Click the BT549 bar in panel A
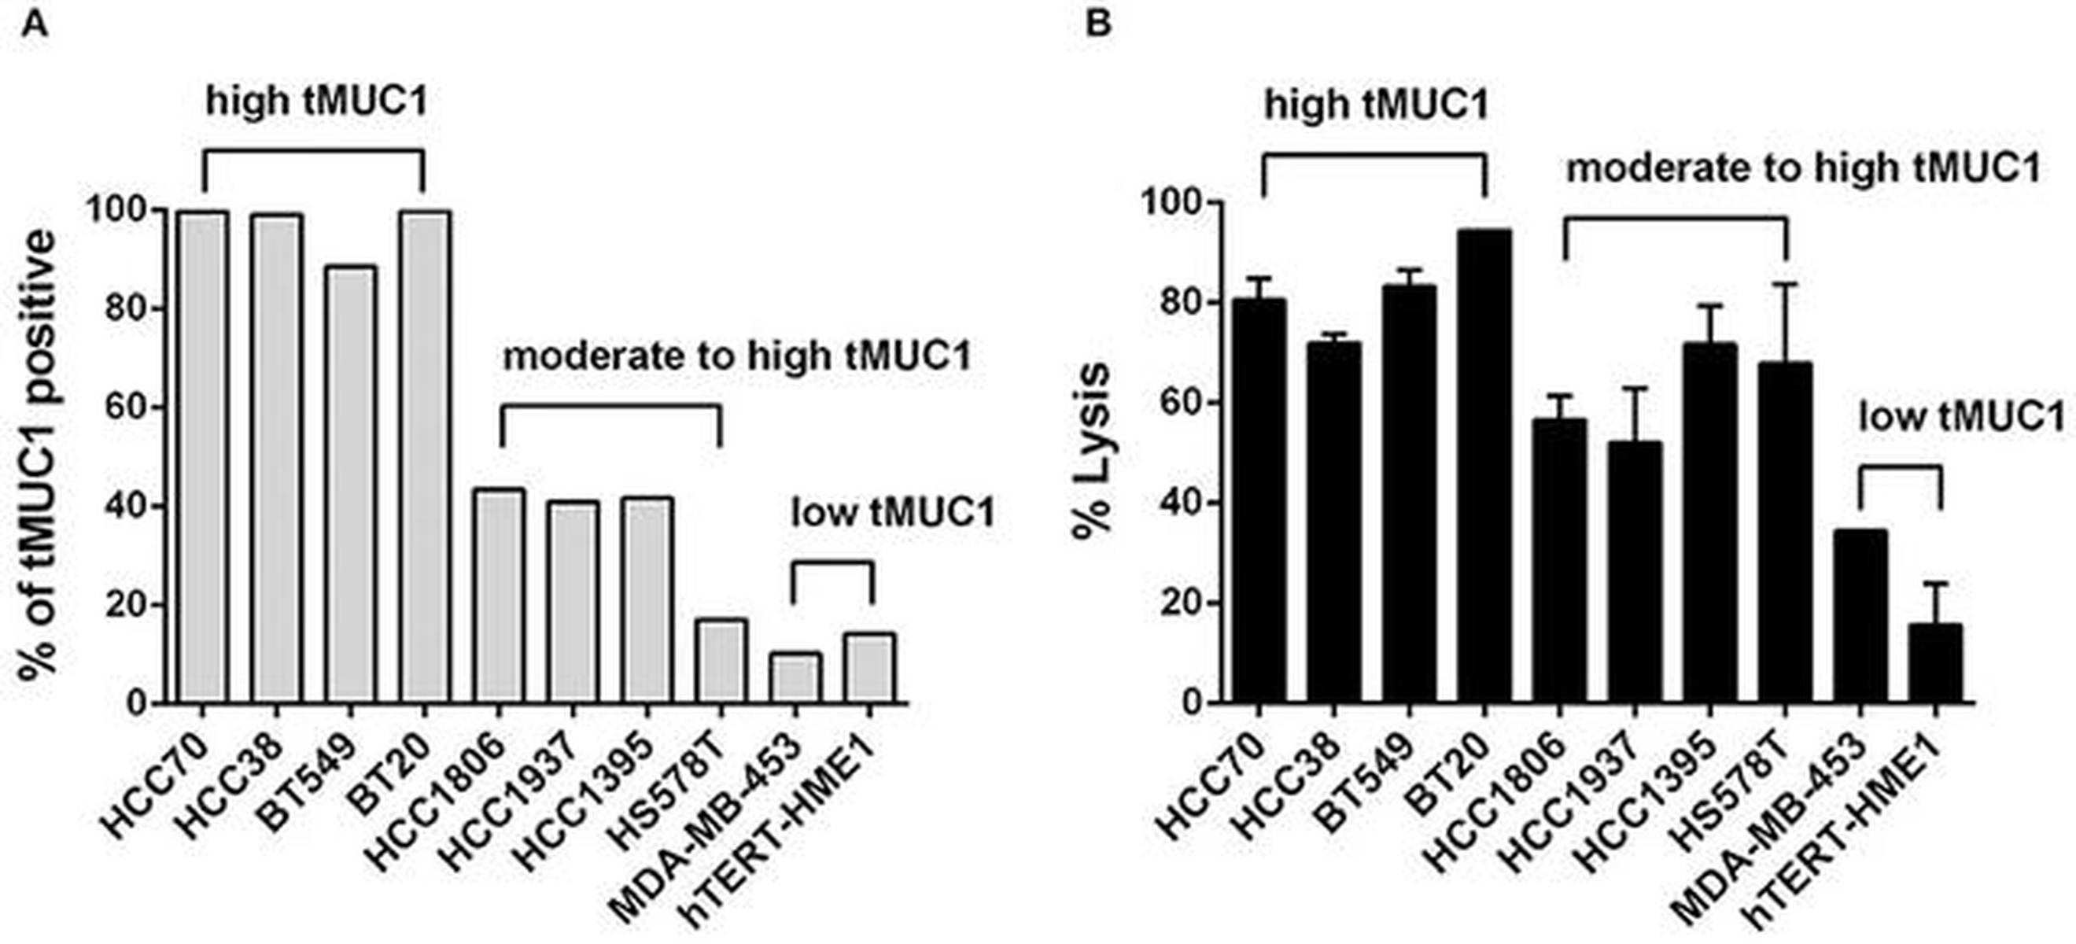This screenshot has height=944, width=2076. point(351,484)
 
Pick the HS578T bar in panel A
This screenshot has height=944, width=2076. point(721,660)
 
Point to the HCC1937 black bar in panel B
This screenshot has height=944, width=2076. point(1635,572)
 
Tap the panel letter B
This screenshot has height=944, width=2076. point(1098,24)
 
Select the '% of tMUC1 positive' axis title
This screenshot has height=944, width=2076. point(39,456)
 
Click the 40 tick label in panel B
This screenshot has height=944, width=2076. point(1180,503)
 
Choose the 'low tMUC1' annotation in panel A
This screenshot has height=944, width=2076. point(893,513)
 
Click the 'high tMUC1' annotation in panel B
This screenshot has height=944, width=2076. point(1376,105)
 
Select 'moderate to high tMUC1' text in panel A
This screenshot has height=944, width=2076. point(736,356)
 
